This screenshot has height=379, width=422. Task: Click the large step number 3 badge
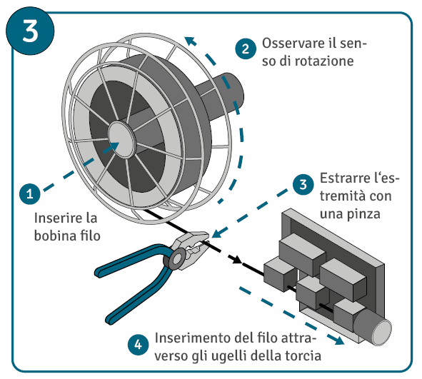pos(30,31)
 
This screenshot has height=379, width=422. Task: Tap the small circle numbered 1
pos(30,193)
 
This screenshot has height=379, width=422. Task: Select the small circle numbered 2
pos(246,49)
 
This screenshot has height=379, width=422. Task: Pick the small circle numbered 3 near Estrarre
pos(303,184)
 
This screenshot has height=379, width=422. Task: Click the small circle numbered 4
pos(138,345)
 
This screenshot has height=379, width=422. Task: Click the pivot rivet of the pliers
pos(176,260)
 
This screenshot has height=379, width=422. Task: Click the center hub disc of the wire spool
pos(122,139)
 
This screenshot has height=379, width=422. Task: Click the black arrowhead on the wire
pos(236,259)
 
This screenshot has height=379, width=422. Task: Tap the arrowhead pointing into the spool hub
pos(113,147)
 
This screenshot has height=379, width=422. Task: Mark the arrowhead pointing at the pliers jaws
pos(218,232)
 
